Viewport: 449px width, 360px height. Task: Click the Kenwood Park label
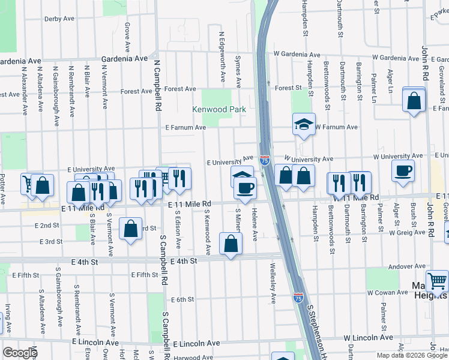click(217, 110)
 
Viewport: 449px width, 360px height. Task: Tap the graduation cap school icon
click(304, 124)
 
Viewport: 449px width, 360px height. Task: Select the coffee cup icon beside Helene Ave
click(245, 188)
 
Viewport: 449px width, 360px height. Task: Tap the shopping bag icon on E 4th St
click(231, 244)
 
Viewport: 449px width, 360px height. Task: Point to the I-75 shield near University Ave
click(265, 160)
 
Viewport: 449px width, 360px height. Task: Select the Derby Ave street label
click(59, 19)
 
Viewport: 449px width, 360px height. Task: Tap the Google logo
click(20, 353)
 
